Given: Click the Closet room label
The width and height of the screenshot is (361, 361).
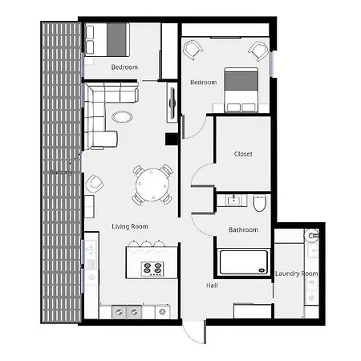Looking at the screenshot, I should tap(243, 154).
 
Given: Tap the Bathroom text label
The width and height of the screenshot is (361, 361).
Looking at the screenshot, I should tap(243, 230).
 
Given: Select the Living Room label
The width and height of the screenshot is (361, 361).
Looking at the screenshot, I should tap(129, 227).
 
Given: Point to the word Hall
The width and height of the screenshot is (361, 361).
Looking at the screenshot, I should tap(212, 285).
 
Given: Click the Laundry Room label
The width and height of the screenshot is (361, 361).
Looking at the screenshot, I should tap(296, 274).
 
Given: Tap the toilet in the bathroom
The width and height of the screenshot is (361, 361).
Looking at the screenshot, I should tap(259, 205).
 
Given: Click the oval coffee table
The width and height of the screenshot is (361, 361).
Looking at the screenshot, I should tap(123, 116).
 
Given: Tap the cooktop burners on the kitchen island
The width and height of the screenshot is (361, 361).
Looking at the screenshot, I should tap(152, 268).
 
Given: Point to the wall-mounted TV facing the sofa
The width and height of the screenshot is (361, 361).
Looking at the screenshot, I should tap(171, 103).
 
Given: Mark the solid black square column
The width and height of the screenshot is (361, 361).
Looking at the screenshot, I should tap(171, 139).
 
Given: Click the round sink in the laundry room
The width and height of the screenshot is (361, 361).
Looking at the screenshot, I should tap(311, 236).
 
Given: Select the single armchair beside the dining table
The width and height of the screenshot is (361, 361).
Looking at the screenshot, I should tap(95, 184).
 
